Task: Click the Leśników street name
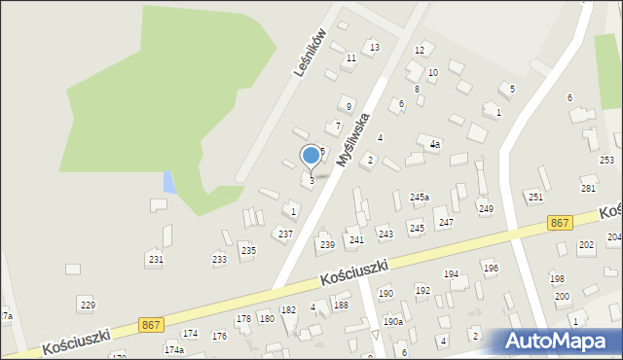click(311, 53)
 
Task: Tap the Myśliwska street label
click(352, 139)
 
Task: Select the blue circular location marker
click(311, 155)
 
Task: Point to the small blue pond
click(169, 182)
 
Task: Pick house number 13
click(374, 47)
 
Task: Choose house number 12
click(420, 51)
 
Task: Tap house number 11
click(351, 58)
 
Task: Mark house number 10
click(432, 73)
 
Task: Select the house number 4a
click(435, 144)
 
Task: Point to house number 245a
click(420, 198)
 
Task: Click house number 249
click(486, 209)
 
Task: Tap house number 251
click(535, 198)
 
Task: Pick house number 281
click(588, 188)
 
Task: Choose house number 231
click(156, 260)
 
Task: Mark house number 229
click(88, 306)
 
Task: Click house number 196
click(491, 268)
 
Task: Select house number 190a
click(392, 322)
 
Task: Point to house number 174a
click(173, 349)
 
